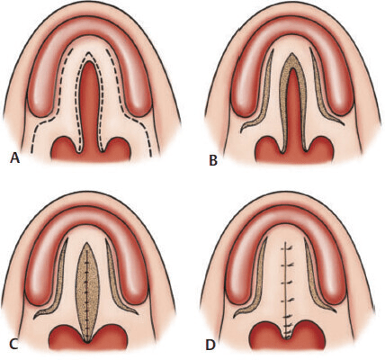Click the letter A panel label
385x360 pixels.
[15, 157]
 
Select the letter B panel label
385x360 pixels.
[213, 160]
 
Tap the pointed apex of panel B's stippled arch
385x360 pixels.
[291, 53]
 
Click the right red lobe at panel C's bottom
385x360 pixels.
[110, 339]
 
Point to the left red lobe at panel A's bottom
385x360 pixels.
[66, 148]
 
